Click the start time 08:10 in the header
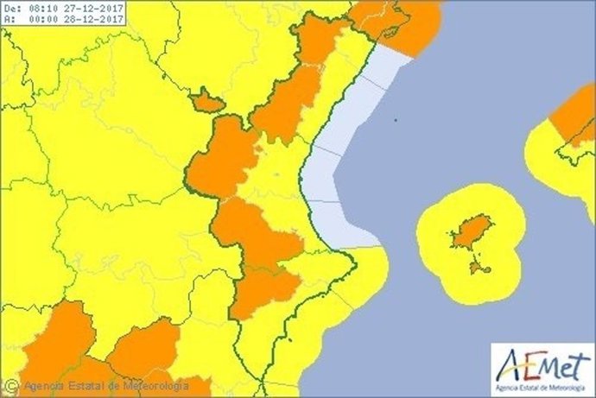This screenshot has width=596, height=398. (41, 8)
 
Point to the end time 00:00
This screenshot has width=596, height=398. (41, 19)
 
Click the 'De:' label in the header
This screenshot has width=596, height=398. (11, 8)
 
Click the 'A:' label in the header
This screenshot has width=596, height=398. (9, 19)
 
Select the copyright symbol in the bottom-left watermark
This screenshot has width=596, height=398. (11, 386)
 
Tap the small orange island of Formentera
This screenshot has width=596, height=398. (478, 268)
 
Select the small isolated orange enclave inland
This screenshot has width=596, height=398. (207, 102)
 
